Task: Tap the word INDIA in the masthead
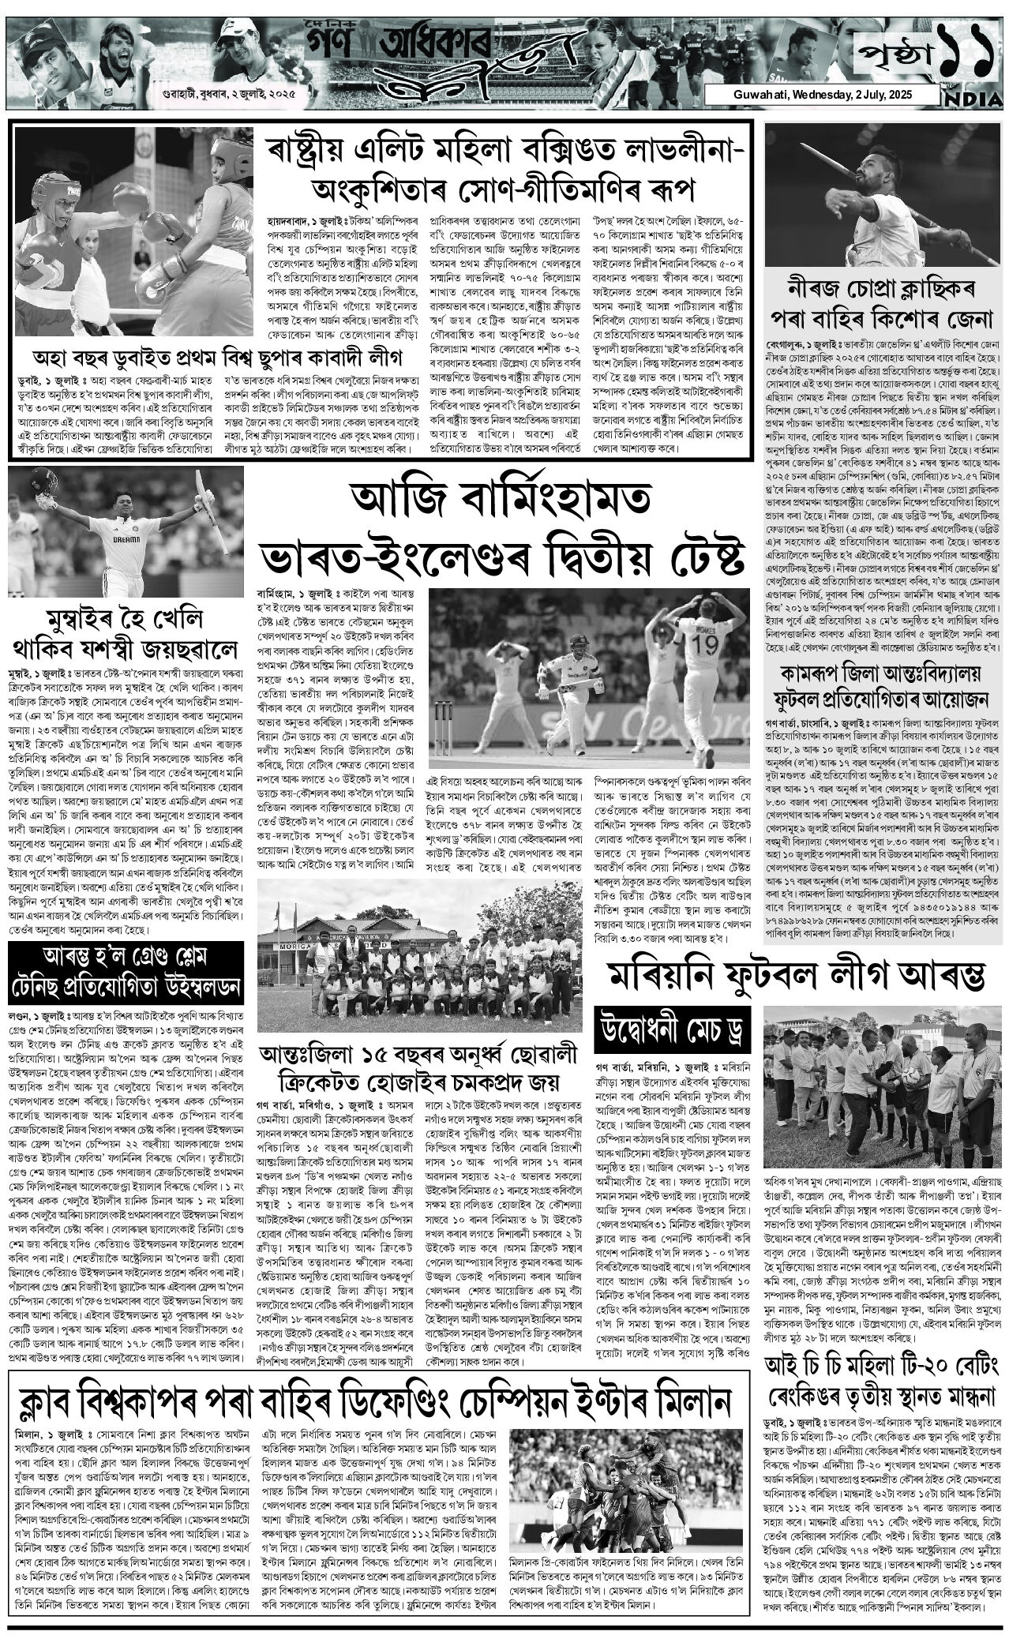tap(975, 99)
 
